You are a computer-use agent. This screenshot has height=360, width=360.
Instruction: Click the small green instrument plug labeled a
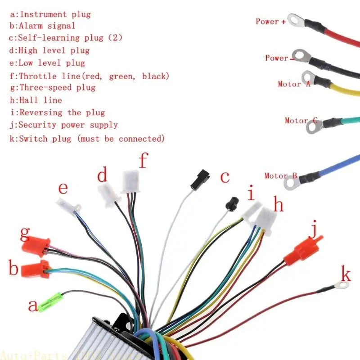49,301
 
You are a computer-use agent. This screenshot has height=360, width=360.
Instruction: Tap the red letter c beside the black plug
225,177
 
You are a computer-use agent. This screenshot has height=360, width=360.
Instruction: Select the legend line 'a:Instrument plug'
50,14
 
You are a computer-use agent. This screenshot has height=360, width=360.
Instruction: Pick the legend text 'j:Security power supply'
63,125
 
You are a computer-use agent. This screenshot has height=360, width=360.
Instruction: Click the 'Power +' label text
270,21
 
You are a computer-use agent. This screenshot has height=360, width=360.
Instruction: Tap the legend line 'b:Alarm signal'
42,26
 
